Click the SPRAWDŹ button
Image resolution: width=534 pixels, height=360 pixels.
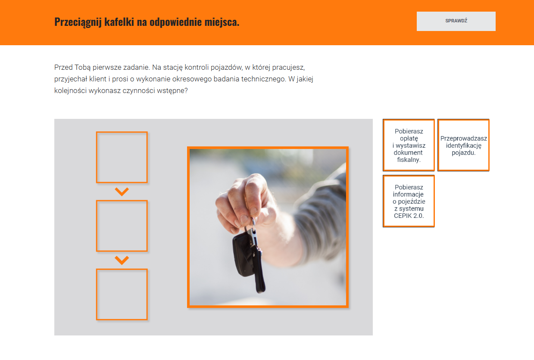pyautogui.click(x=456, y=21)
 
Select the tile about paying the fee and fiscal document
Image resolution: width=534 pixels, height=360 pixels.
pyautogui.click(x=409, y=145)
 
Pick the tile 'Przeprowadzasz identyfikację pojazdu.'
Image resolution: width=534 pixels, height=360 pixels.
pyautogui.click(x=463, y=145)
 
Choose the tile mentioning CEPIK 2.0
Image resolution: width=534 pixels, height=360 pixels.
pyautogui.click(x=409, y=201)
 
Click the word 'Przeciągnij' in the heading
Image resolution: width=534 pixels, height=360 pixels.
pyautogui.click(x=78, y=22)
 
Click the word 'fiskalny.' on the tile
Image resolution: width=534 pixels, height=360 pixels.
pyautogui.click(x=409, y=160)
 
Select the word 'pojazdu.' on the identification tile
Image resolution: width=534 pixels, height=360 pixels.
pyautogui.click(x=464, y=152)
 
